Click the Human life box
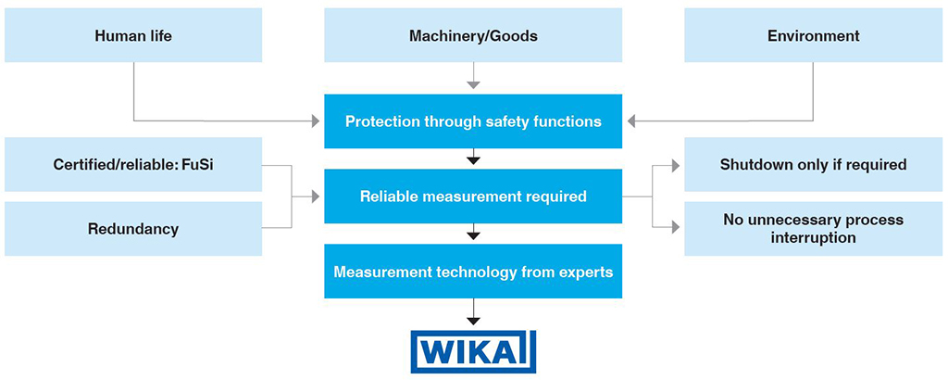point(133,36)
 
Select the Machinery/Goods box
point(473,36)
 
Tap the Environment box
point(814,36)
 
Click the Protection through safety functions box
point(473,121)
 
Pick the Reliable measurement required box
point(473,196)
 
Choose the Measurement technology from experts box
point(473,272)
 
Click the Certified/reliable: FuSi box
point(133,165)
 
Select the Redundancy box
point(133,228)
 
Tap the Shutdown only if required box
point(814,165)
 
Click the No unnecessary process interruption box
point(814,228)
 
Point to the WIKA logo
point(473,351)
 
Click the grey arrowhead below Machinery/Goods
point(473,84)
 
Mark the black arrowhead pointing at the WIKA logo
point(473,320)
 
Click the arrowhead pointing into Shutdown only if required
point(675,165)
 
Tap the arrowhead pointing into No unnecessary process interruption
point(675,227)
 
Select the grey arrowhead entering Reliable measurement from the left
point(315,196)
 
